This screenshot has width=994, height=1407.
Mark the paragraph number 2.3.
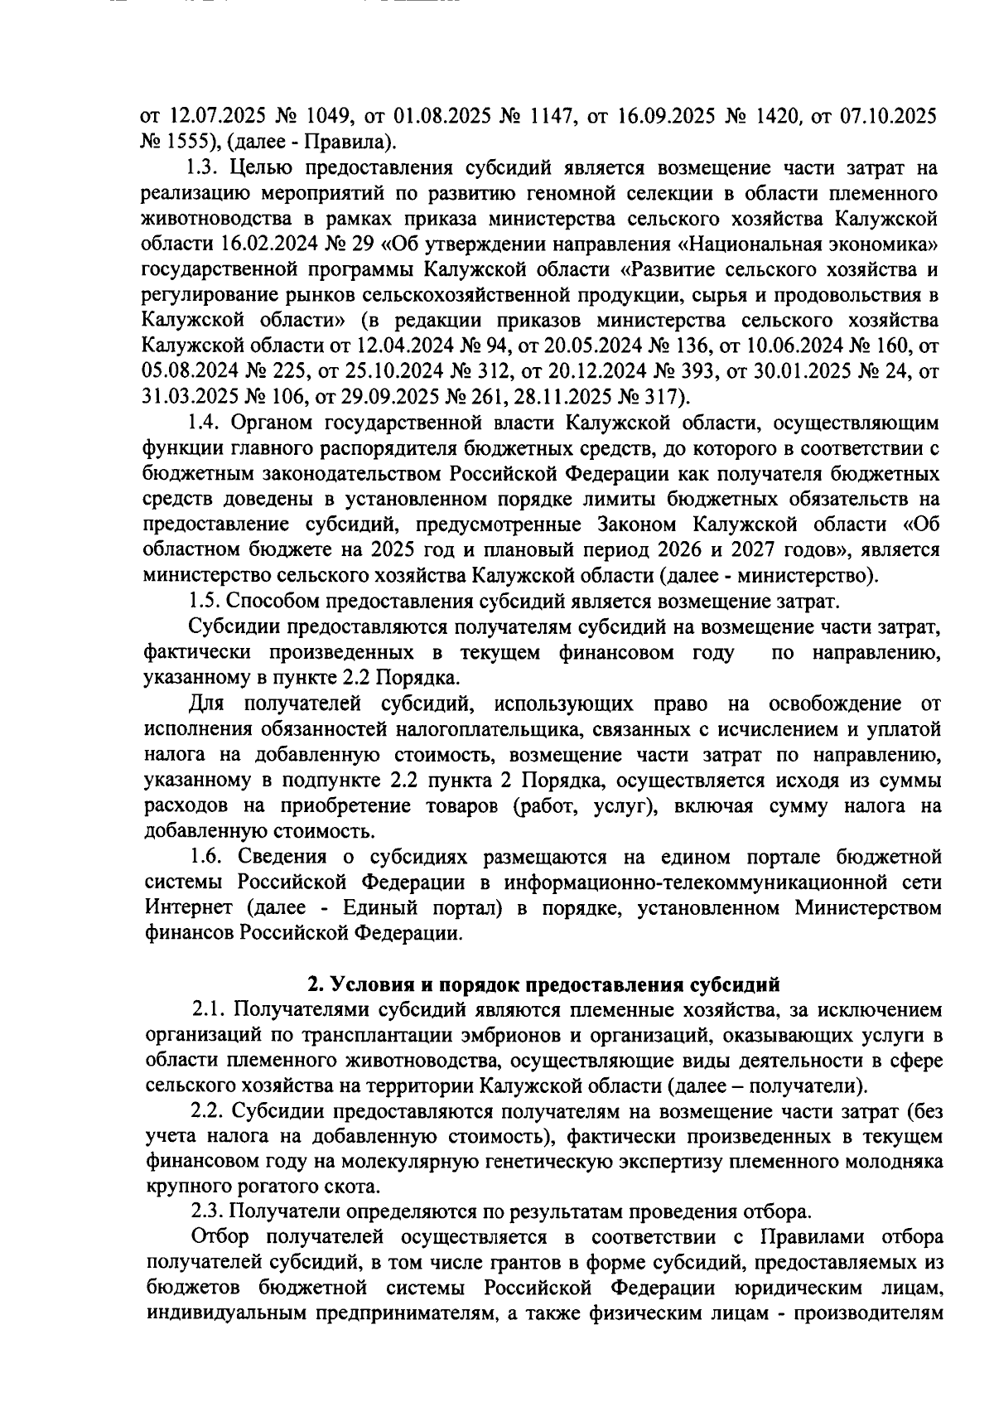207,1212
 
